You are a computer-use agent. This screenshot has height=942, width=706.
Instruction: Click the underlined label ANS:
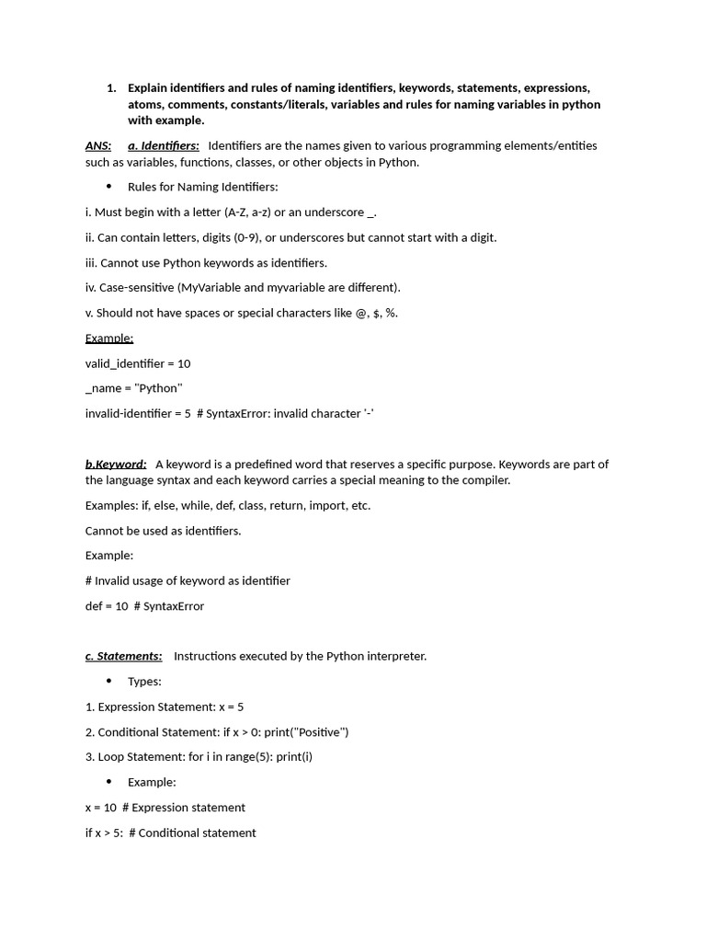[x=98, y=145]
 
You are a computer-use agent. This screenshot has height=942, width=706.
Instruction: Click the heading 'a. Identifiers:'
[x=164, y=145]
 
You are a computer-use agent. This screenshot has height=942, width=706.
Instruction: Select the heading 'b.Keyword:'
[x=116, y=464]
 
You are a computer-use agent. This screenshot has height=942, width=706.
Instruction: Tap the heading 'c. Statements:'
[x=123, y=656]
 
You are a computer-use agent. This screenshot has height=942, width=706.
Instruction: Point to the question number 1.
[x=111, y=88]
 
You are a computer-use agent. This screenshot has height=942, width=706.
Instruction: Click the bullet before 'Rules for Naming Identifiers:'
[x=109, y=187]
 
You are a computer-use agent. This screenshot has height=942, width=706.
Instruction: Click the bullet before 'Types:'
[x=109, y=681]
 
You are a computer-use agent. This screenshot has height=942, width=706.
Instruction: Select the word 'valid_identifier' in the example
[x=124, y=363]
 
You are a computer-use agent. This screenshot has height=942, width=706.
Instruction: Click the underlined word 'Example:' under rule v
[x=109, y=338]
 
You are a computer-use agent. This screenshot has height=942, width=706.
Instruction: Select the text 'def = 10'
[x=107, y=606]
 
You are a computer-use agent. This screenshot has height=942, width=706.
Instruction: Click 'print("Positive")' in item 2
[x=306, y=732]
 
